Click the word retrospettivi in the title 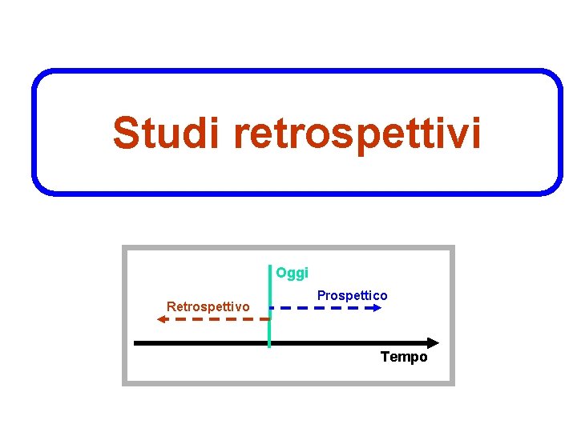[358, 134]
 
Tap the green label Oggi [292, 273]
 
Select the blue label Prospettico [352, 296]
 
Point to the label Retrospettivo [208, 306]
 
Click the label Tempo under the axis [404, 357]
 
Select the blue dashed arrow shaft [321, 307]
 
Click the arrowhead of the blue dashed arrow [379, 307]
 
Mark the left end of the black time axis [135, 342]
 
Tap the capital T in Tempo [385, 357]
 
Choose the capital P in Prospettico [321, 296]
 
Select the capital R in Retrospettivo [170, 306]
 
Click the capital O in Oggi [281, 273]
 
